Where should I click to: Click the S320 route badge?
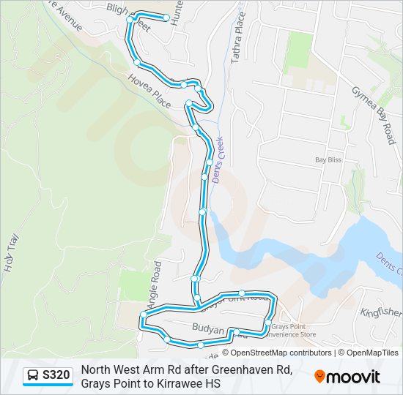(48, 376)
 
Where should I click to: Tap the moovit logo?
(347, 377)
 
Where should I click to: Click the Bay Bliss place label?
(328, 159)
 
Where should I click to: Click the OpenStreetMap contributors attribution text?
(271, 353)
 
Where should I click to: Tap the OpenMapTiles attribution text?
(373, 353)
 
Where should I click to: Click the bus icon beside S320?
(33, 376)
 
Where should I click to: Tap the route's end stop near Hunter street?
(167, 17)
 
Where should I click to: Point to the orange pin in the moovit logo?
(319, 377)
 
